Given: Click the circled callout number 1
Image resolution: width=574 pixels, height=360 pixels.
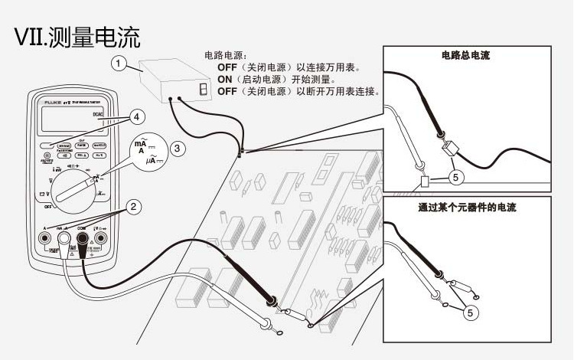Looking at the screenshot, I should pyautogui.click(x=118, y=64).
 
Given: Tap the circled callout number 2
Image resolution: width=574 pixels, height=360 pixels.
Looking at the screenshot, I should pyautogui.click(x=133, y=206).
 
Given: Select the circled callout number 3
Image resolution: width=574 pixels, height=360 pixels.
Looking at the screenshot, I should pyautogui.click(x=177, y=148).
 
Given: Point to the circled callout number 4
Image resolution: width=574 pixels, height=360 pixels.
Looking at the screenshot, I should pyautogui.click(x=135, y=117).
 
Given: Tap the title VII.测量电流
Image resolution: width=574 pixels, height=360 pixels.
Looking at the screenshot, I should pyautogui.click(x=77, y=36).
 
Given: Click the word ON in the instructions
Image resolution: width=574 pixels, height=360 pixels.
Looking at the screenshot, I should pyautogui.click(x=226, y=79).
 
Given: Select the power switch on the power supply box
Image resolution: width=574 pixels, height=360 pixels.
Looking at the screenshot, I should pyautogui.click(x=203, y=89).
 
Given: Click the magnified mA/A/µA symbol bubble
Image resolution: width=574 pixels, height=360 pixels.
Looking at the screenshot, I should pyautogui.click(x=145, y=151).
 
